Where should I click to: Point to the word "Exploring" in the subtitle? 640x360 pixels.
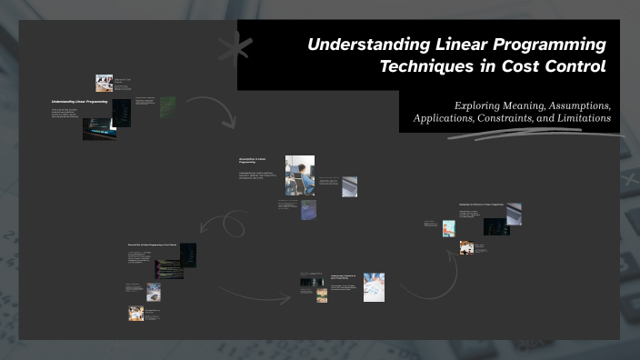click(478, 105)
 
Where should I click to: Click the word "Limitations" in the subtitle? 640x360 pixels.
click(585, 119)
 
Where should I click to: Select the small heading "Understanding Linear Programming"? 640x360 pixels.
click(79, 102)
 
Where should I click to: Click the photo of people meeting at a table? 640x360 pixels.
click(105, 83)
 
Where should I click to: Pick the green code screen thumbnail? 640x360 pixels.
click(168, 107)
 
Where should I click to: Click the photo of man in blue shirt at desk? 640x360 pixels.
click(300, 175)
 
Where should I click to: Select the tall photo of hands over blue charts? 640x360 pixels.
click(374, 286)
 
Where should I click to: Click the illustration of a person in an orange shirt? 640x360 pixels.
click(448, 229)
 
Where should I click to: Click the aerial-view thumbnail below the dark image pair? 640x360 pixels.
click(309, 211)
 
